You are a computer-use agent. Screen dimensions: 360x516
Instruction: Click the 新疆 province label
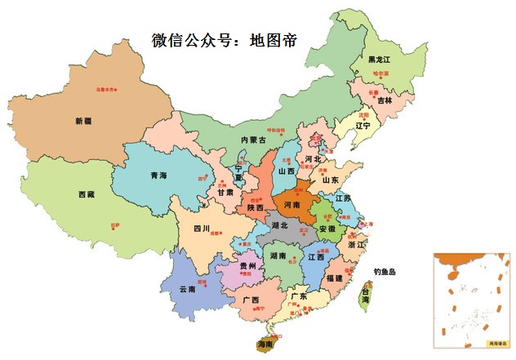83,121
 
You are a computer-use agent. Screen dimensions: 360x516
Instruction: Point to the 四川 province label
202,229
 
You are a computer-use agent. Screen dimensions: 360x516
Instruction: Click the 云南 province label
187,289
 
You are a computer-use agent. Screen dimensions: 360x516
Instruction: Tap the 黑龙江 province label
379,60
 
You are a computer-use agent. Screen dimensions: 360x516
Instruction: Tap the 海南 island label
265,344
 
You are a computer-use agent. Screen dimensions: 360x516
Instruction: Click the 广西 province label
251,300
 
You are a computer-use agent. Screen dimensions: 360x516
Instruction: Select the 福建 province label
333,278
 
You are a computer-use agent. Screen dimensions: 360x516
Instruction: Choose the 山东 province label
331,180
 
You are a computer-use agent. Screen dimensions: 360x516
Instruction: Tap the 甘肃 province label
225,193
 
